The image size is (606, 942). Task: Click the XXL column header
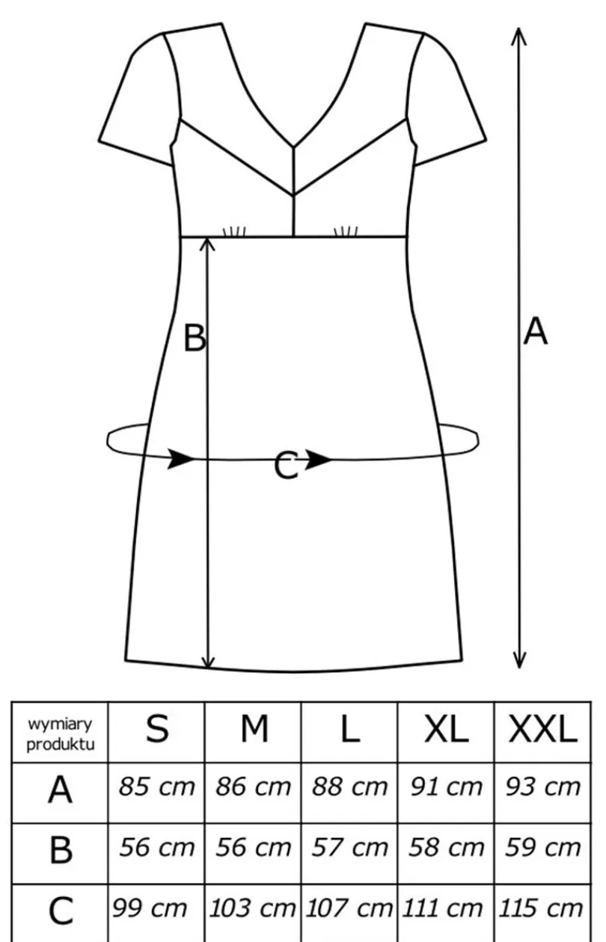click(542, 730)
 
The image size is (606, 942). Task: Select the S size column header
click(157, 729)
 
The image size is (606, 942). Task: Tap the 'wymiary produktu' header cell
click(60, 735)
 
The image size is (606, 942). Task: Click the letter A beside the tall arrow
click(536, 332)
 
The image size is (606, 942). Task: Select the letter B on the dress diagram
click(195, 338)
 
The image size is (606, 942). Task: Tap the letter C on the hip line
click(286, 465)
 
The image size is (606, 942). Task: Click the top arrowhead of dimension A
click(519, 34)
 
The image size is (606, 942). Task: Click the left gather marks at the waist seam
click(234, 232)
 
